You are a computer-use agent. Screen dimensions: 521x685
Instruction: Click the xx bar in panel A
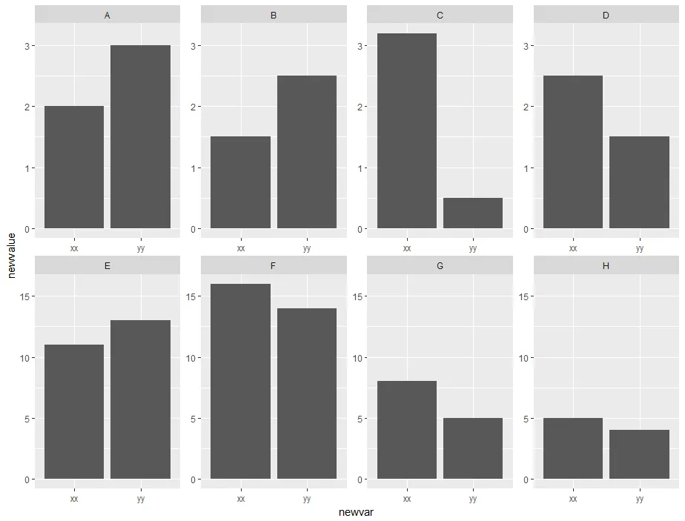coord(74,167)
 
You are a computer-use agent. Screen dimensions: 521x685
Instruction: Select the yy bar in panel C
coord(473,213)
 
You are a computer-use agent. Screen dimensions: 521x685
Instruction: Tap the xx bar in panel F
coord(240,381)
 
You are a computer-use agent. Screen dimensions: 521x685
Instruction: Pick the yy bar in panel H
coord(639,454)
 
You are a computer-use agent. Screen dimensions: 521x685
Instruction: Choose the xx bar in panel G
coord(407,430)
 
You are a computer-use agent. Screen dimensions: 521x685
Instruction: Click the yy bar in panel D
coord(639,182)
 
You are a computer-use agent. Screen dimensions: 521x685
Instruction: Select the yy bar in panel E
coord(141,399)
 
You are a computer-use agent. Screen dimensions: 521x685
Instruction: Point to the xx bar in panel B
coord(240,182)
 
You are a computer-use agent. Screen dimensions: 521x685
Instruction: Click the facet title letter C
coord(440,15)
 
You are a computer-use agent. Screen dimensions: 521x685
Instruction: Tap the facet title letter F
coord(274,265)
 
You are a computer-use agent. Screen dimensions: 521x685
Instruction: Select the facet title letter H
coord(606,265)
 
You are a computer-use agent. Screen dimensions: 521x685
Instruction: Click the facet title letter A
coord(107,15)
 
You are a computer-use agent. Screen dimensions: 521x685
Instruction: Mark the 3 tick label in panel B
coord(195,46)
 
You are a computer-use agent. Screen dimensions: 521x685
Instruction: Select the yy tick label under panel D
coord(639,248)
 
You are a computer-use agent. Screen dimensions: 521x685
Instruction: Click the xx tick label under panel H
coord(573,499)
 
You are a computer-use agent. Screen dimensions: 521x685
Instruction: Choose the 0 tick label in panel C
coord(361,229)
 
